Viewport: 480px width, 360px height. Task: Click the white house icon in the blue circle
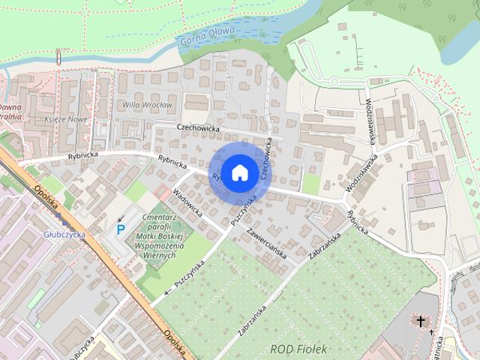238,172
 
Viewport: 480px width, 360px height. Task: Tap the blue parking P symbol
120,229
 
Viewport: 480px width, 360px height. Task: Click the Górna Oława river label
208,35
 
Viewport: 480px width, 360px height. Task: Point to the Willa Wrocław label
148,106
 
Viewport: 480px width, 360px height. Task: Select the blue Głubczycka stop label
64,234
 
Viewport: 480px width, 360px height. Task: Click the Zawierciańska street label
261,242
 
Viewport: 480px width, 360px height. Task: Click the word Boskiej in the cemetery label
176,237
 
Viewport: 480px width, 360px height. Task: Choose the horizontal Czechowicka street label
198,128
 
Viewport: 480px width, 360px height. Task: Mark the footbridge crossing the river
58,58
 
